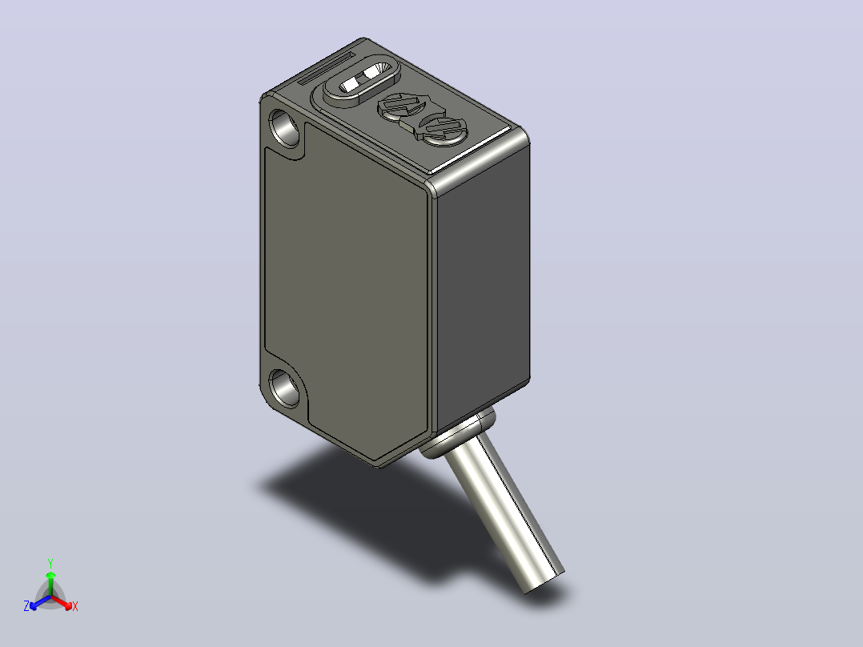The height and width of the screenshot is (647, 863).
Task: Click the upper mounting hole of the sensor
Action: point(285,127)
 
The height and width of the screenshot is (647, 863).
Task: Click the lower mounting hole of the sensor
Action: point(284,388)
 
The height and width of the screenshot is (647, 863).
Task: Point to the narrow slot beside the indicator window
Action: point(326,69)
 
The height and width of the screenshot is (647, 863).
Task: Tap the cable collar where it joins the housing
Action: point(456,434)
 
